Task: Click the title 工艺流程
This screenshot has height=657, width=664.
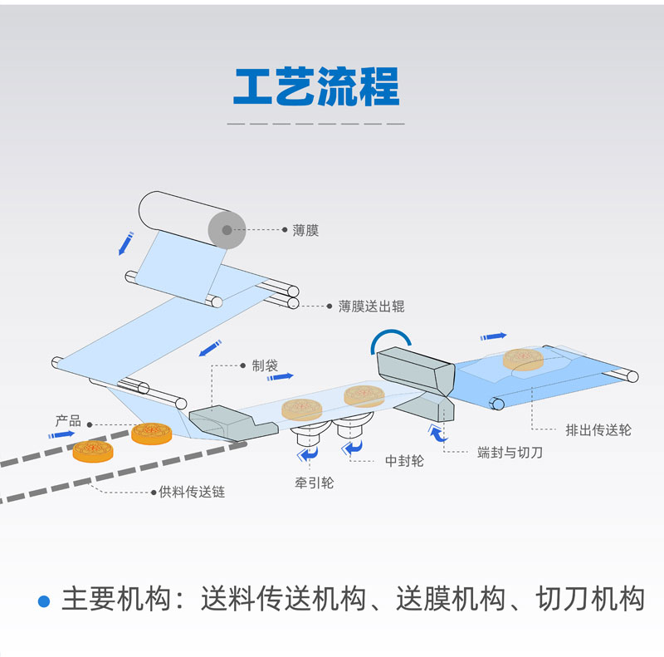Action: pos(315,86)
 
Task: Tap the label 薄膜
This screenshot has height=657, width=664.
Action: pos(305,231)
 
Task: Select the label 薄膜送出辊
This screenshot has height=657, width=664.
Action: pos(371,306)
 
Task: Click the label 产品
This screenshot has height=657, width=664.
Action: pos(68,422)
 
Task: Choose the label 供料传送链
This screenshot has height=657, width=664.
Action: pos(192,492)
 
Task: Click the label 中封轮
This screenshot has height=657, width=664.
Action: pos(404,461)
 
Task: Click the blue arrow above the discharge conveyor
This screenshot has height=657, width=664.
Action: pos(493,336)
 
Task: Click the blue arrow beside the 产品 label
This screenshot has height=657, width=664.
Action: pos(61,434)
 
